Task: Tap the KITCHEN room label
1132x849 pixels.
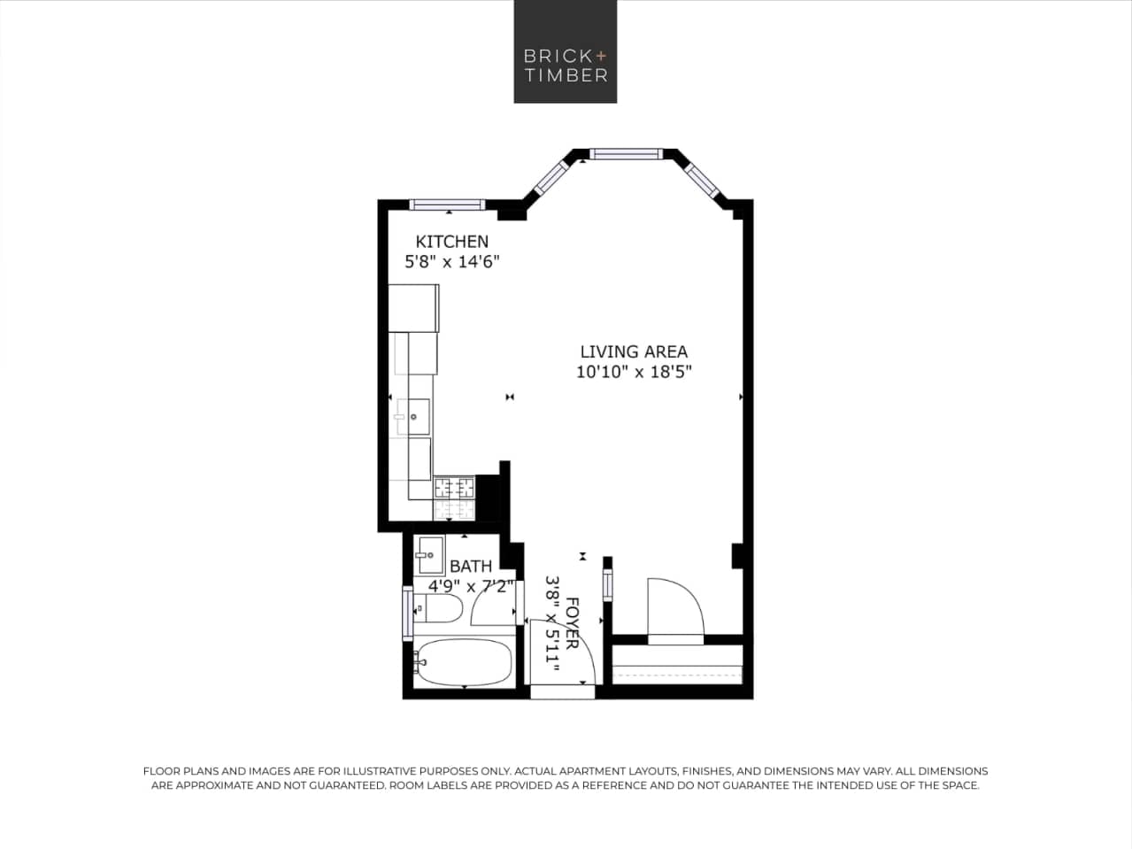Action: click(x=451, y=242)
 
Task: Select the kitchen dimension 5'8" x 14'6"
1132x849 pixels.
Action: click(x=452, y=262)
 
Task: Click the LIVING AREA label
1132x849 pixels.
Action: click(x=633, y=351)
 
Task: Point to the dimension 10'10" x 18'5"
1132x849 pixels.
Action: click(x=633, y=373)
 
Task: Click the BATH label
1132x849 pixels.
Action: click(x=470, y=567)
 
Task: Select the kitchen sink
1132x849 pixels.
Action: click(x=414, y=416)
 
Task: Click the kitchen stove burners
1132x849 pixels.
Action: click(x=454, y=488)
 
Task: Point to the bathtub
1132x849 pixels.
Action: click(x=464, y=662)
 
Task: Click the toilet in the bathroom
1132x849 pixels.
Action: click(x=440, y=608)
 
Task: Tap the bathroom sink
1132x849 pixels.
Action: click(x=430, y=556)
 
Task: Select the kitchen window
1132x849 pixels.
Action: click(x=448, y=205)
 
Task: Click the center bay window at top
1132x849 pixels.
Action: click(x=626, y=154)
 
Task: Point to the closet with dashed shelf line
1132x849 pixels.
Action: click(x=678, y=664)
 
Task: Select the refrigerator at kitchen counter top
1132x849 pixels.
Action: click(x=413, y=307)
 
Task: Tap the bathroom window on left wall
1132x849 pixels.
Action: click(x=407, y=614)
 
